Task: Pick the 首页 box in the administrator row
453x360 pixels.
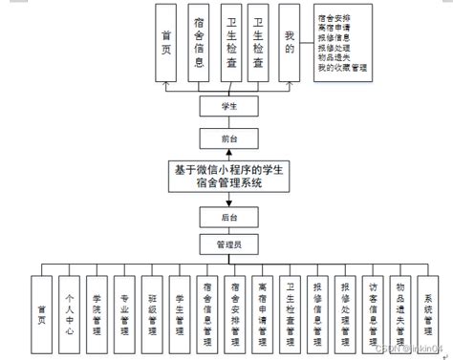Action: (41, 312)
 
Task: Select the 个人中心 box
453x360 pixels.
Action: (69, 312)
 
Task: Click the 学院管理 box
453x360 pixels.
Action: (97, 312)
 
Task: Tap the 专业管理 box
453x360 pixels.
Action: (124, 312)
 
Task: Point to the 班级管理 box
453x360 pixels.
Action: (152, 312)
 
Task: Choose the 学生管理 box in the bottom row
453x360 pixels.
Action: (181, 312)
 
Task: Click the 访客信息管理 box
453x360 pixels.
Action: (374, 312)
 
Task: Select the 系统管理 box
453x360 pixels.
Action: (429, 312)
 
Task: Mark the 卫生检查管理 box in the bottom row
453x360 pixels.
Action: (291, 312)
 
